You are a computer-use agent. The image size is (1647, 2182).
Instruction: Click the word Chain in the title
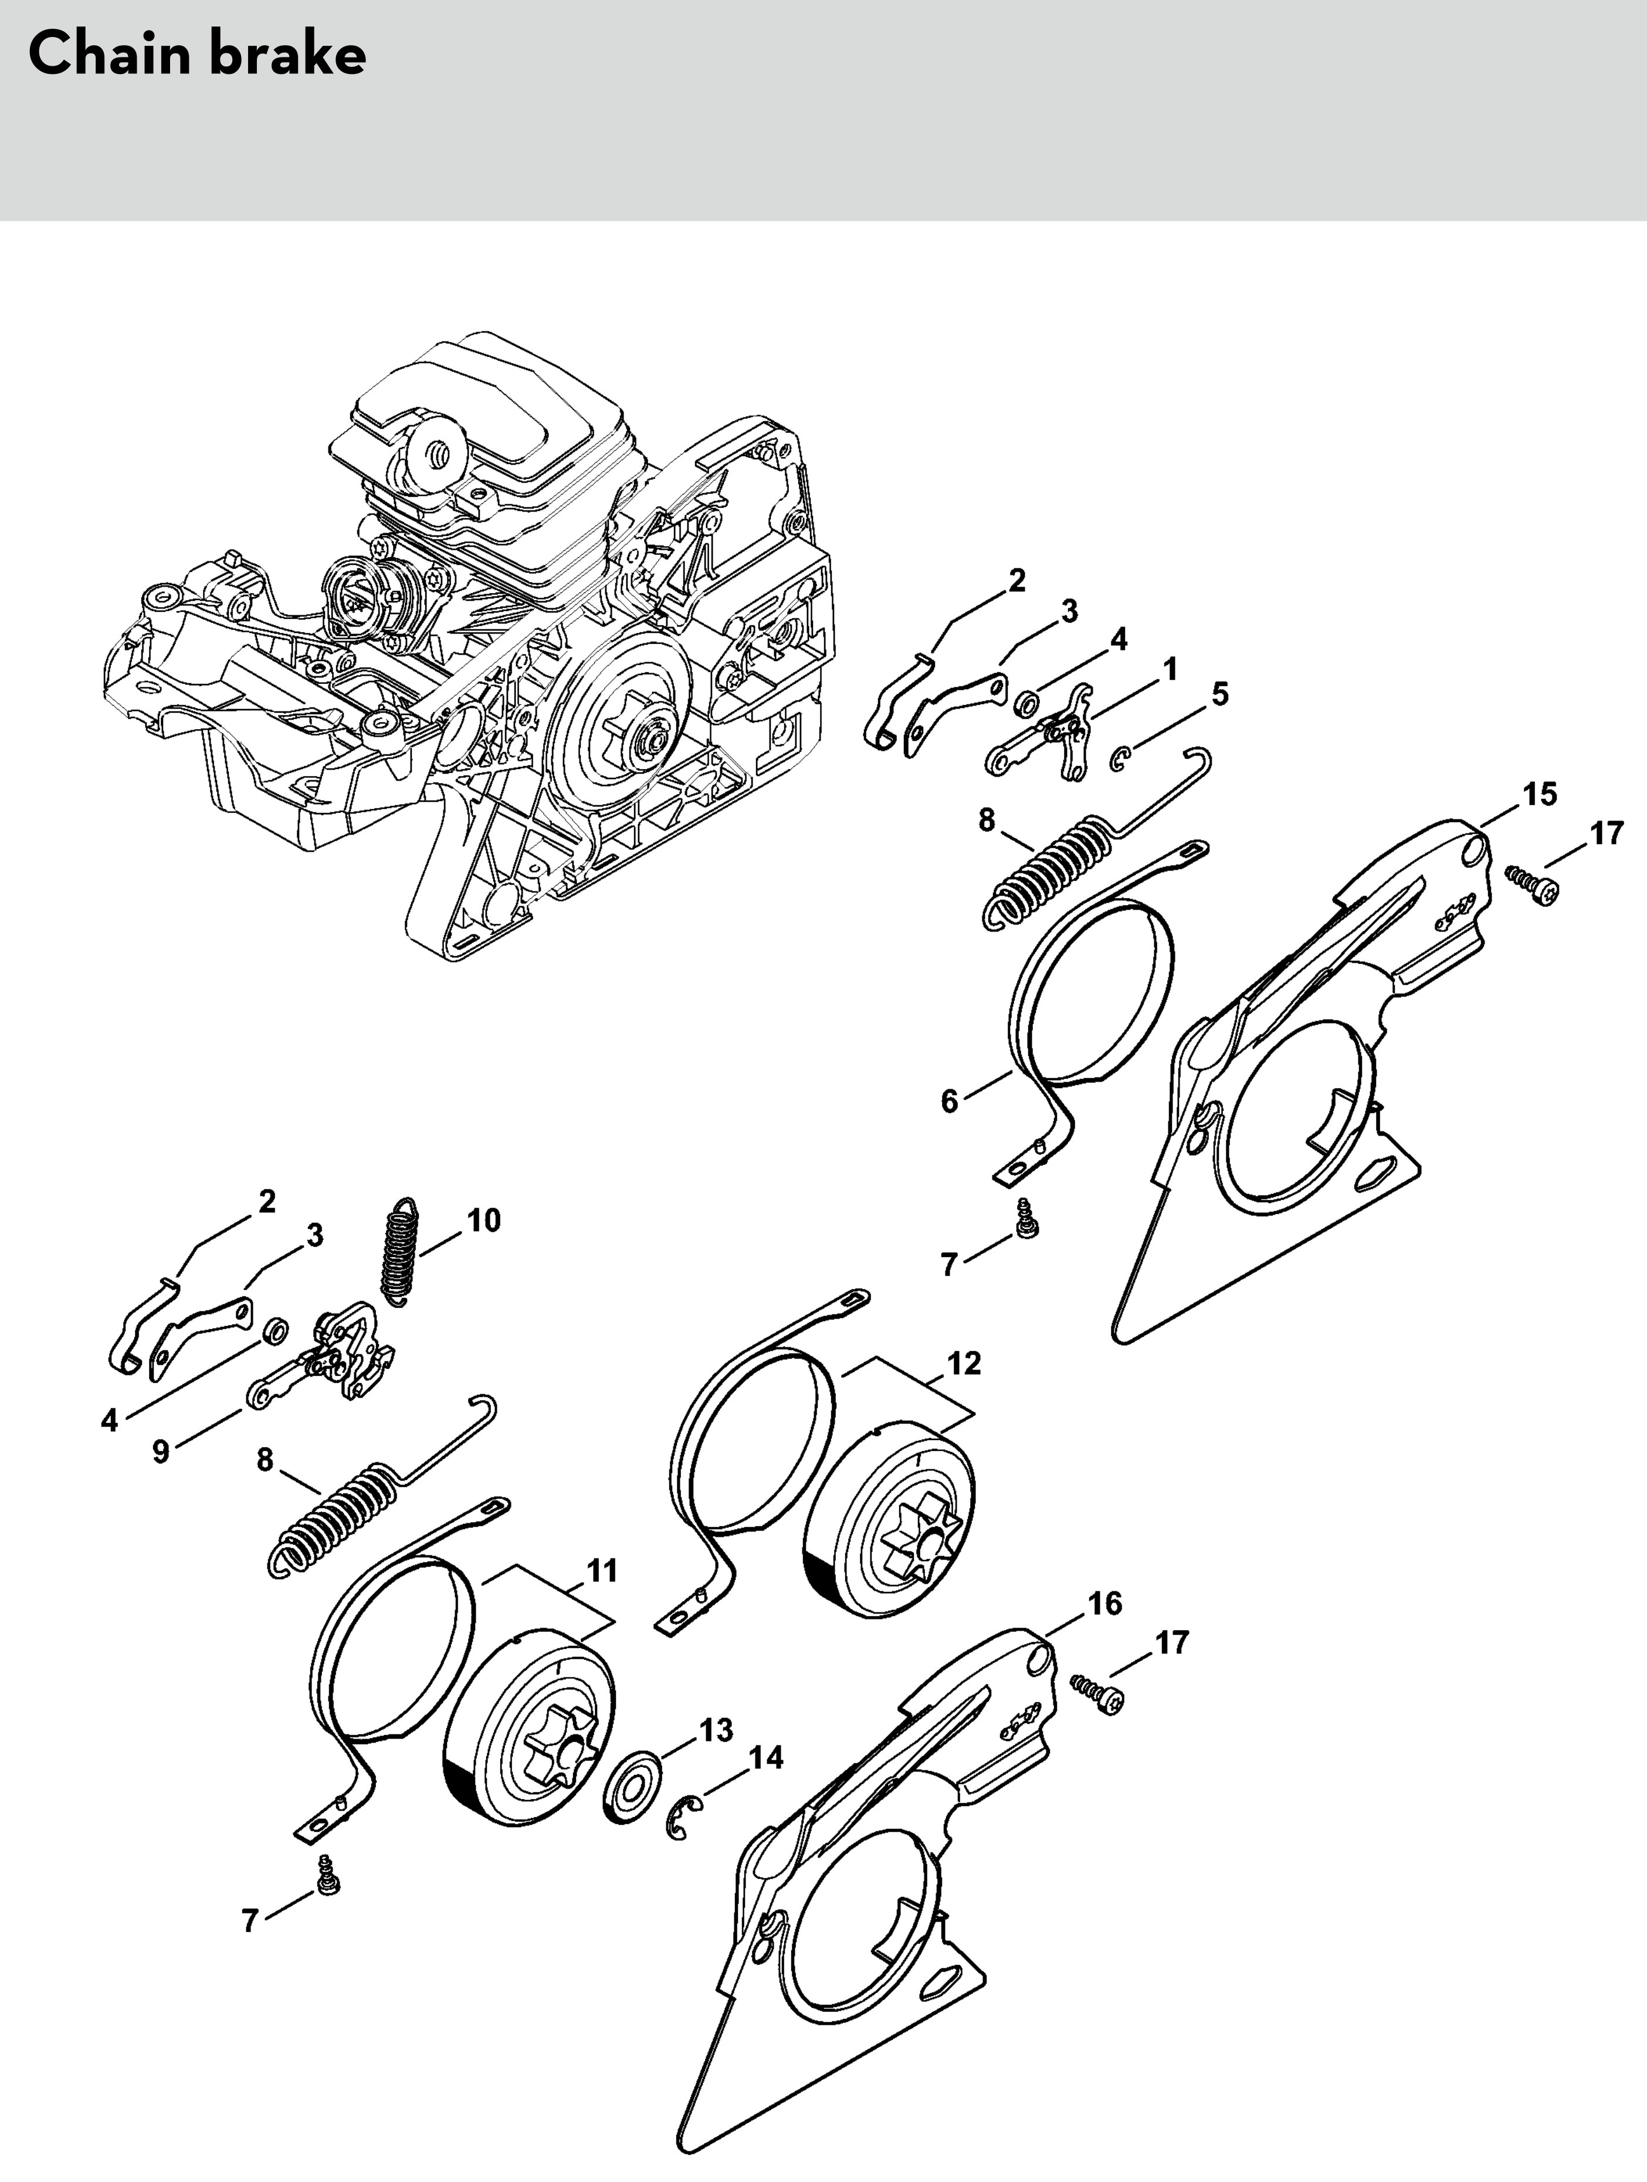tap(109, 54)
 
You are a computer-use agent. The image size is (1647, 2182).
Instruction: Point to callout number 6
tap(950, 1102)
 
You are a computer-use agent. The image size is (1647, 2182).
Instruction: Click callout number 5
tap(1220, 694)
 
